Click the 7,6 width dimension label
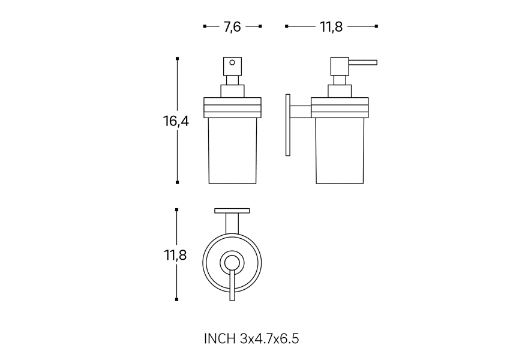pos(232,26)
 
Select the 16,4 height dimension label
pos(176,121)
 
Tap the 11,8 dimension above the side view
pos(331,26)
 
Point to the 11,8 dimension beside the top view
pos(175,255)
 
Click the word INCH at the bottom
pos(220,338)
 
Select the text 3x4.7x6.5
pos(269,338)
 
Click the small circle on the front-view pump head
pos(232,62)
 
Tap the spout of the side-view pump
pos(363,62)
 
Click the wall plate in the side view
pos(288,125)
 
